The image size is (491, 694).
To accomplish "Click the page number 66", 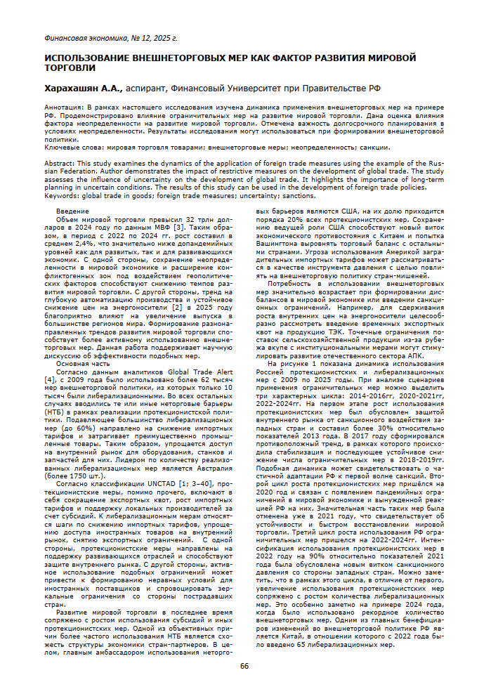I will click(x=244, y=666).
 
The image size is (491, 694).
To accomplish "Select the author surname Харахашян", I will click(x=73, y=89).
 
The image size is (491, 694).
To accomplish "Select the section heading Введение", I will click(x=72, y=211).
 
